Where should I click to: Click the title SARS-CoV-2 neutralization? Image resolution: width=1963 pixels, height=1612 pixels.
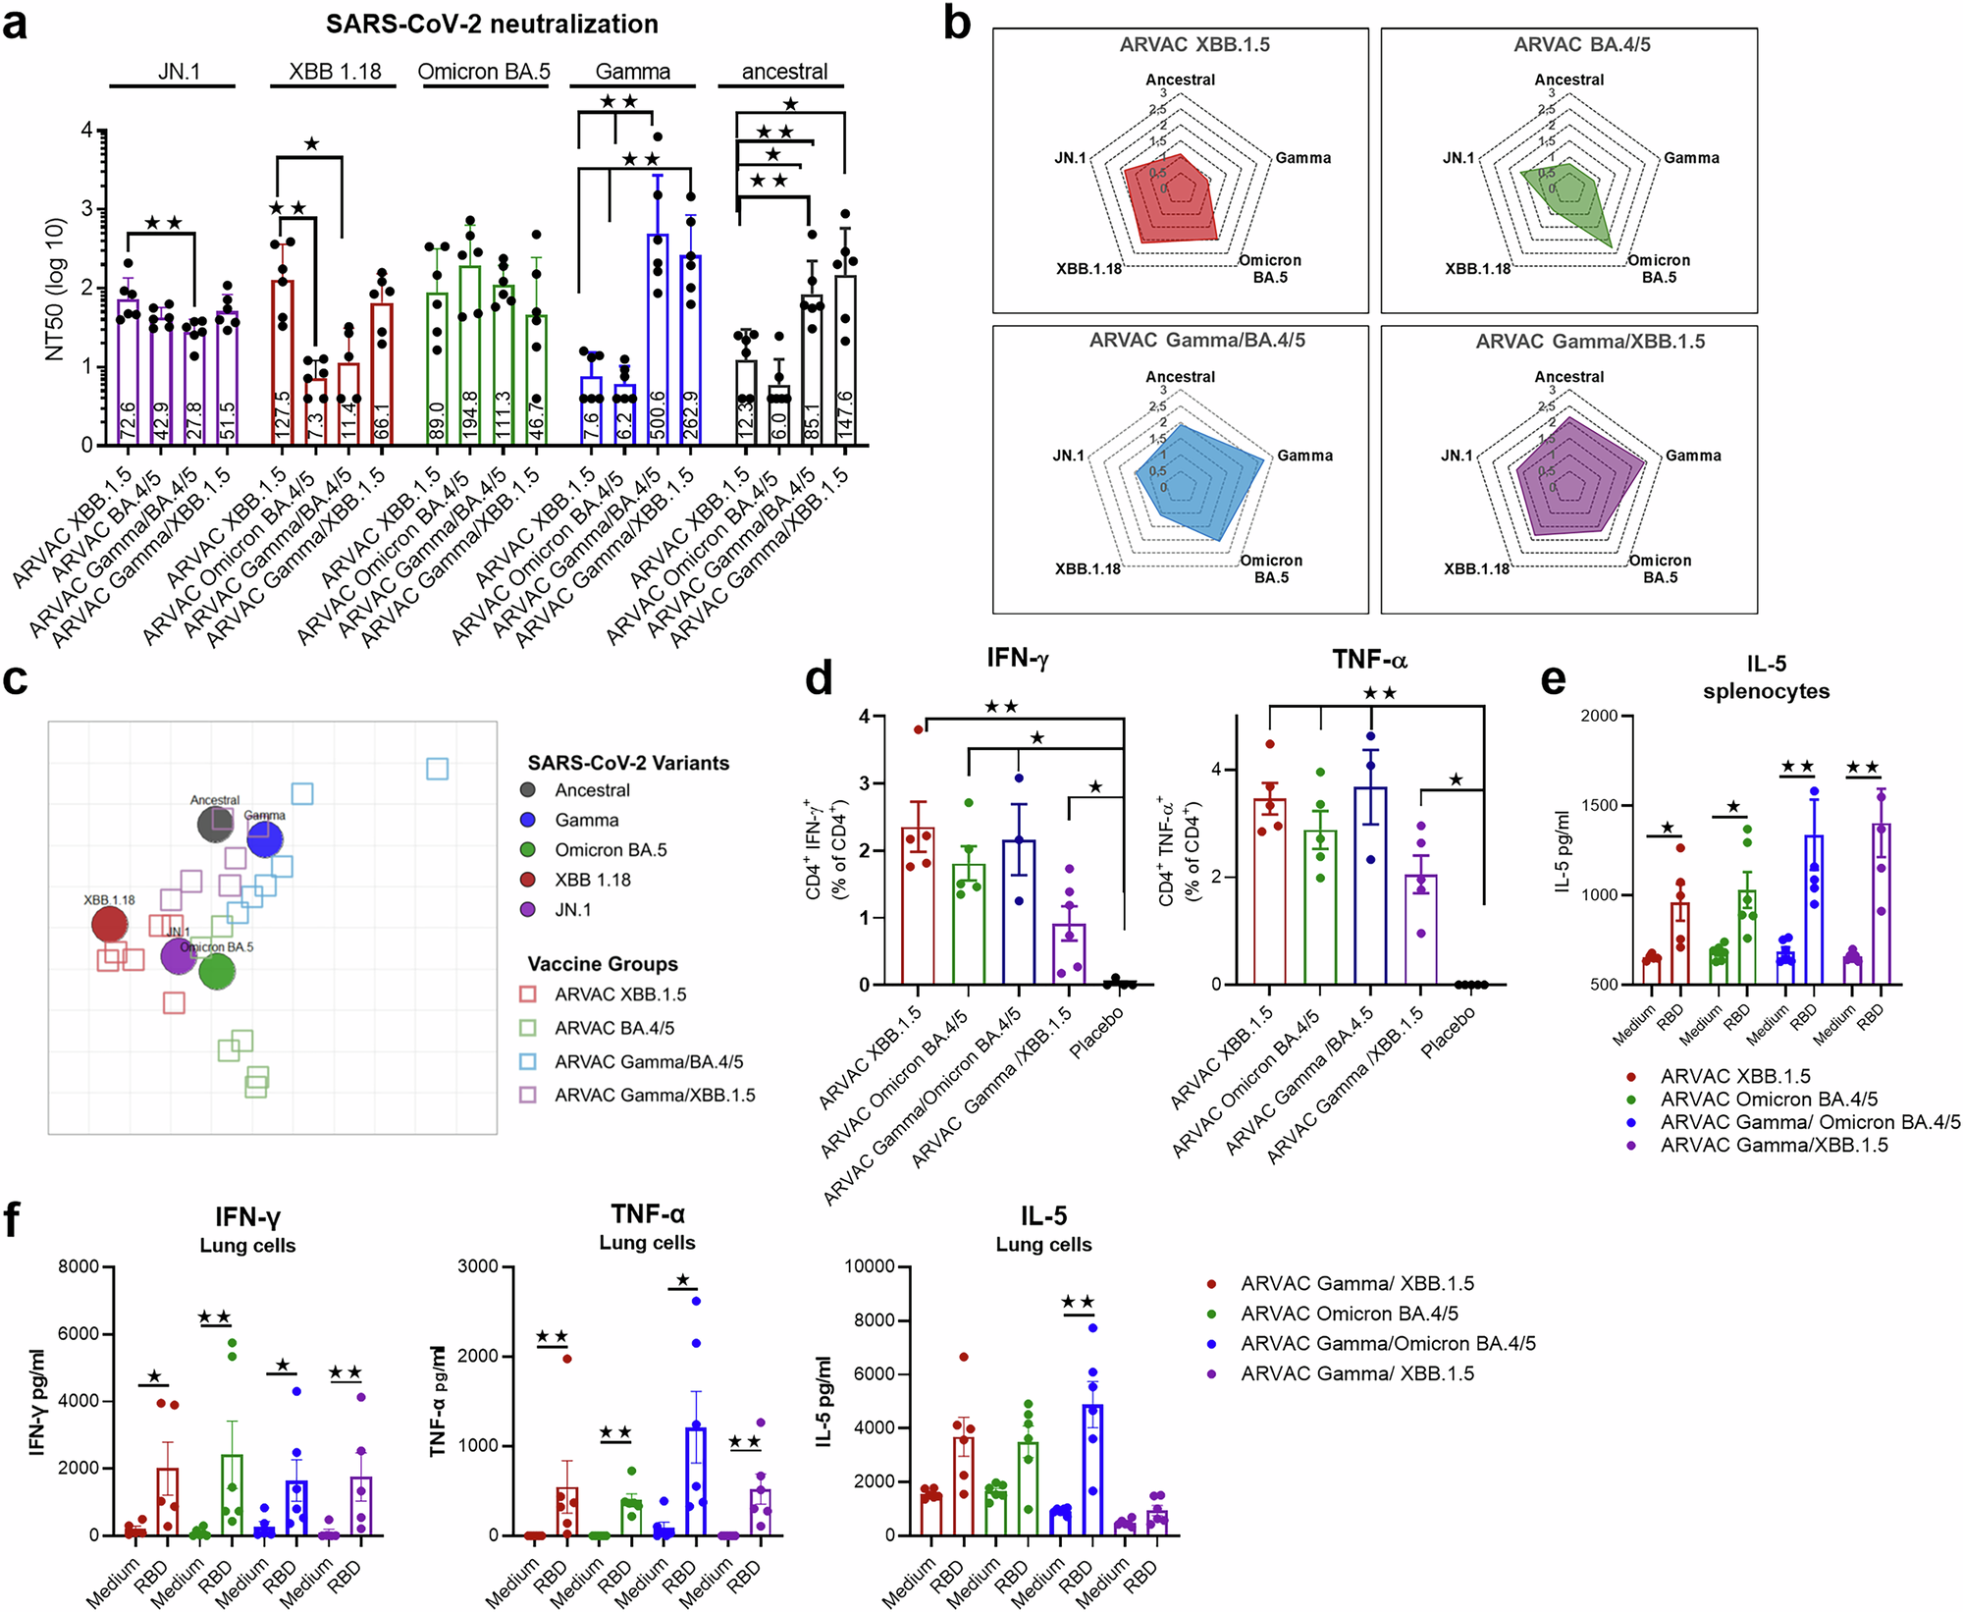[x=492, y=24]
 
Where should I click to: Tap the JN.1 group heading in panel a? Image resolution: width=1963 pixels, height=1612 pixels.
[x=179, y=72]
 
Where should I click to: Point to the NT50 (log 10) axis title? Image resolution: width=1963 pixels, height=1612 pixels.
[x=55, y=289]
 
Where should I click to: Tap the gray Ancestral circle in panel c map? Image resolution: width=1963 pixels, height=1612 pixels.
[x=215, y=825]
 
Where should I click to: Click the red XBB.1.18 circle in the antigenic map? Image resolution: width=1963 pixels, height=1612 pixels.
[x=109, y=924]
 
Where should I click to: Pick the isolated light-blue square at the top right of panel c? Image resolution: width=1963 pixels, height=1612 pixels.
[x=438, y=769]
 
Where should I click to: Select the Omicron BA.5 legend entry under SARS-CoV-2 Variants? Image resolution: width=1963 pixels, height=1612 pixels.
[x=610, y=850]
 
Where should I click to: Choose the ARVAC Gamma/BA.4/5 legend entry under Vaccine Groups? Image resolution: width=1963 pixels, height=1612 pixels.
[x=648, y=1062]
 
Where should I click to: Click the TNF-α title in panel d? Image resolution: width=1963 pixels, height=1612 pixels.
[x=1368, y=661]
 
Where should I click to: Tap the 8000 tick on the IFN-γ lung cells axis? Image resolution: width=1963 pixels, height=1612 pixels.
[x=79, y=1266]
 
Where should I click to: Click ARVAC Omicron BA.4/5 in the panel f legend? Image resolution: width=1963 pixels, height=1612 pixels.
[x=1349, y=1314]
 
